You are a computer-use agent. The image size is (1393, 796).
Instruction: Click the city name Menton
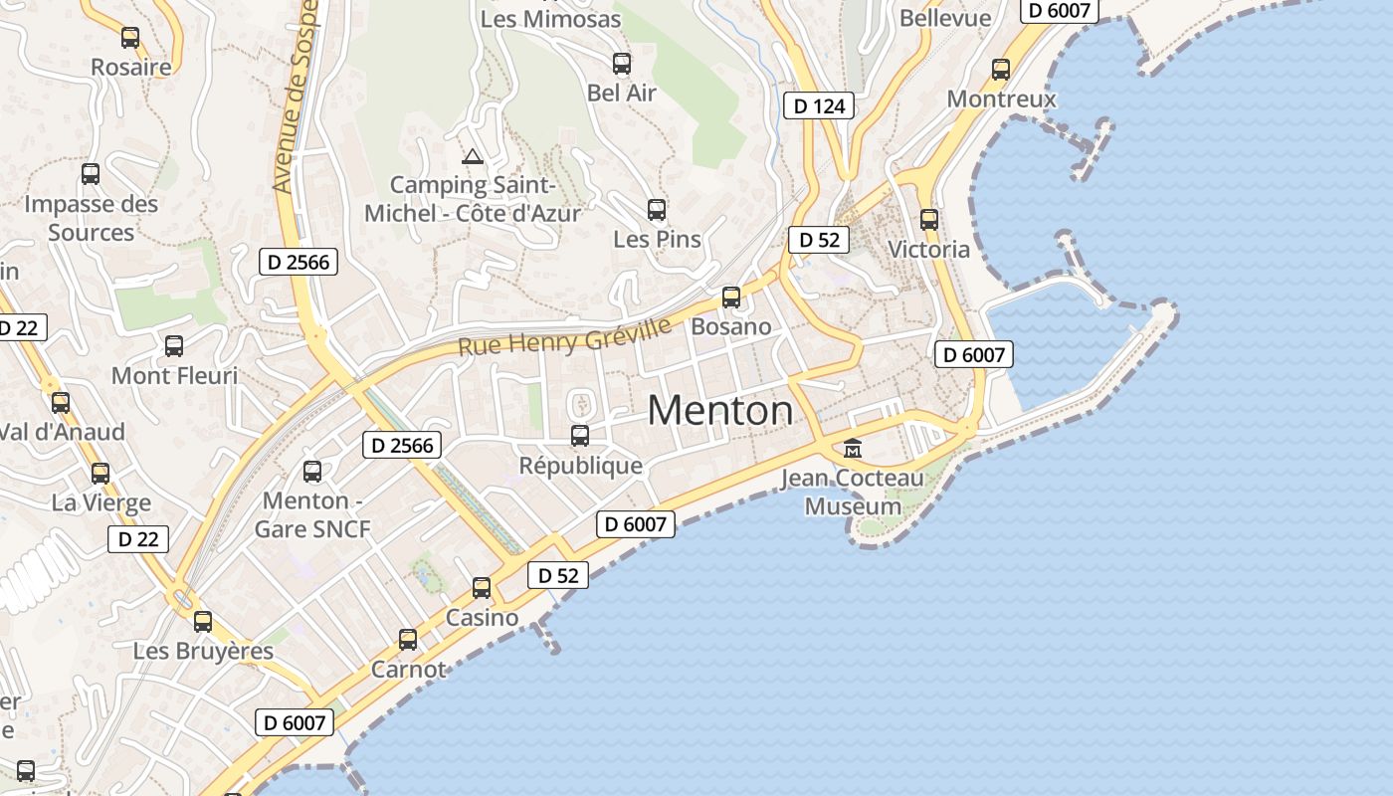(x=720, y=410)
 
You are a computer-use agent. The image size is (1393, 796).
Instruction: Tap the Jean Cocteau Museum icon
(x=852, y=449)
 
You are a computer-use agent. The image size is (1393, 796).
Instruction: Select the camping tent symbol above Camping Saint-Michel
(x=472, y=156)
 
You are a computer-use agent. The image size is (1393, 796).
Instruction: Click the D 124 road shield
(x=820, y=105)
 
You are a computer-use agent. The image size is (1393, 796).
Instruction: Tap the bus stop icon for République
(x=580, y=436)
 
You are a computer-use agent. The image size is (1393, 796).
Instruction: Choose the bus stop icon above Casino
(x=482, y=588)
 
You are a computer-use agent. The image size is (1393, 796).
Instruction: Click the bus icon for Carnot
(x=408, y=640)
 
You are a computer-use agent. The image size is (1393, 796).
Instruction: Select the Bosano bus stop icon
(x=731, y=298)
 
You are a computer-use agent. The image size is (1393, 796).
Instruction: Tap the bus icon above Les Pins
(x=657, y=210)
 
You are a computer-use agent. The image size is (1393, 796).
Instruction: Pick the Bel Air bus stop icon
(x=622, y=65)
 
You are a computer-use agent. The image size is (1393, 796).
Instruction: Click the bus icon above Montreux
(x=1001, y=70)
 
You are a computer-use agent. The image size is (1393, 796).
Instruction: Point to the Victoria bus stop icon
(x=929, y=220)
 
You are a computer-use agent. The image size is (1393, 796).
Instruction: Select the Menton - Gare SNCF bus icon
(x=312, y=472)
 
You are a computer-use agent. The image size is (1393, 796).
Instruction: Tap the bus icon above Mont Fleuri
(x=174, y=346)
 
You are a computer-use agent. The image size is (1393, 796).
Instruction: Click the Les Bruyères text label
(x=203, y=652)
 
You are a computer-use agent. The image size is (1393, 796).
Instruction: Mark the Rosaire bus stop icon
(x=130, y=39)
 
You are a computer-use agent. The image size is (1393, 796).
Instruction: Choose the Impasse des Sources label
(x=91, y=218)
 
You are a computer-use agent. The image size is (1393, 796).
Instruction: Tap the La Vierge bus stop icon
(x=100, y=474)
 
